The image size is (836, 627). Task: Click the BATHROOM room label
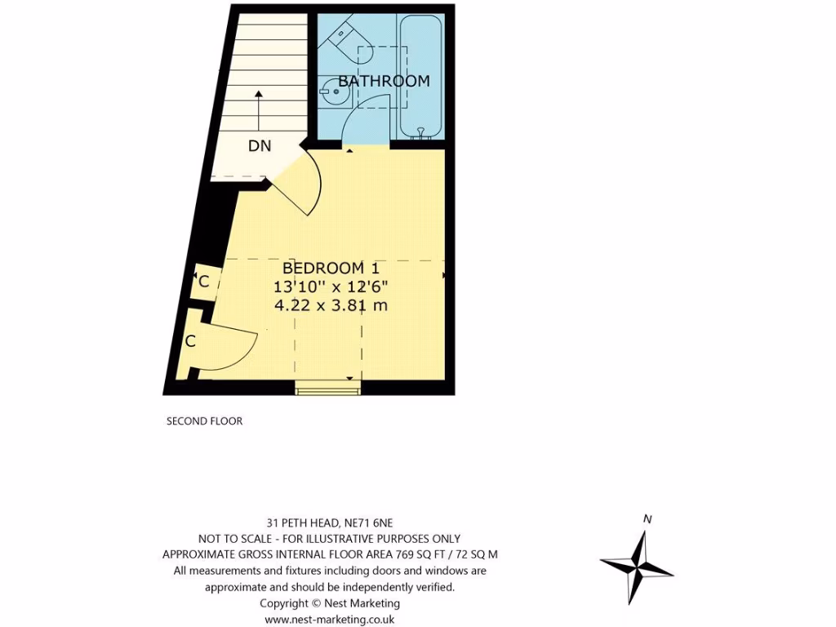point(384,81)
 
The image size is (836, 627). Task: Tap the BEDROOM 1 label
point(331,268)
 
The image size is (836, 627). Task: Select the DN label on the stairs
point(260,146)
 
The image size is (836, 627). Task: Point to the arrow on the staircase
point(259,106)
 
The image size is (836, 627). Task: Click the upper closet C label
point(204,282)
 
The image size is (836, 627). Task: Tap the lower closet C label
point(190,341)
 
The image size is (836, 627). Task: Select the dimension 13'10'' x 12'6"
point(331,287)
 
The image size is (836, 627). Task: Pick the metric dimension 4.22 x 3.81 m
point(331,306)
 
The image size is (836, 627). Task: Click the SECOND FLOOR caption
point(204,421)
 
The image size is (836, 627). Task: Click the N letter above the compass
point(647,519)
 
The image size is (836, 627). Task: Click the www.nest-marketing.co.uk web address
point(330,620)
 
